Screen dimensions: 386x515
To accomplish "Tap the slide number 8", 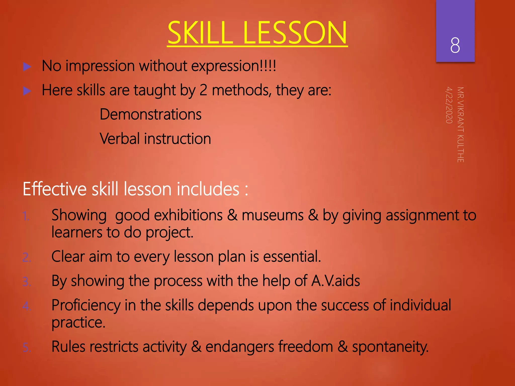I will (455, 45).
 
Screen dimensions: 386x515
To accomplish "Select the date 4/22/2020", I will (449, 105).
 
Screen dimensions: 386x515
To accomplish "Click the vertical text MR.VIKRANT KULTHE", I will (460, 124).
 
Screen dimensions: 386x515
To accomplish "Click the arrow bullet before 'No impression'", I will (27, 67).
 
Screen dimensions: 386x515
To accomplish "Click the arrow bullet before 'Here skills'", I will (27, 91).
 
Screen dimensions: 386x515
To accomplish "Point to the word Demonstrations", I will (151, 114).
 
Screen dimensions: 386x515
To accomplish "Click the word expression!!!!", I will (234, 66).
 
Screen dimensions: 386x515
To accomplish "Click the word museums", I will (273, 216).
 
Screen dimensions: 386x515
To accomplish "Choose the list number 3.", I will (27, 282).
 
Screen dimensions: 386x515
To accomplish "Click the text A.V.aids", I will (335, 281).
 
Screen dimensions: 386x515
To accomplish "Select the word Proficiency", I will (86, 305).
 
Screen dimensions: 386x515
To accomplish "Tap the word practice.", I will (78, 322).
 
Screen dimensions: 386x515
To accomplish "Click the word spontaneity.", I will (390, 347).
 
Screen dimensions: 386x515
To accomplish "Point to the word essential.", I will (292, 257).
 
